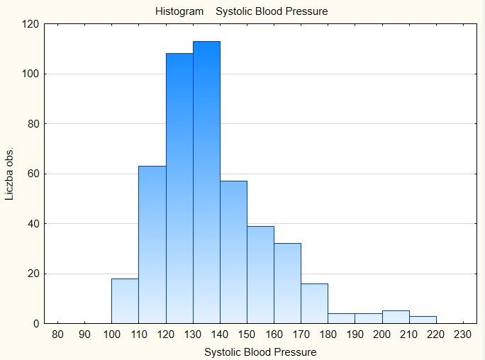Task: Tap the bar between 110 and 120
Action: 152,244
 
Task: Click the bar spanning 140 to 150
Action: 233,252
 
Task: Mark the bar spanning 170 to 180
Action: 314,303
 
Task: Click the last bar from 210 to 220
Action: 423,320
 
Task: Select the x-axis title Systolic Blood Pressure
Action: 260,351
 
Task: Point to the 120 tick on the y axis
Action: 30,24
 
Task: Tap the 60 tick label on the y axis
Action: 33,174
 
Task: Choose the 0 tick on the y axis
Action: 35,324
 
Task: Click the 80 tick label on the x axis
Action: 57,335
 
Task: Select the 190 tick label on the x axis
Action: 355,335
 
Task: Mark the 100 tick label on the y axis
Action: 30,74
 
